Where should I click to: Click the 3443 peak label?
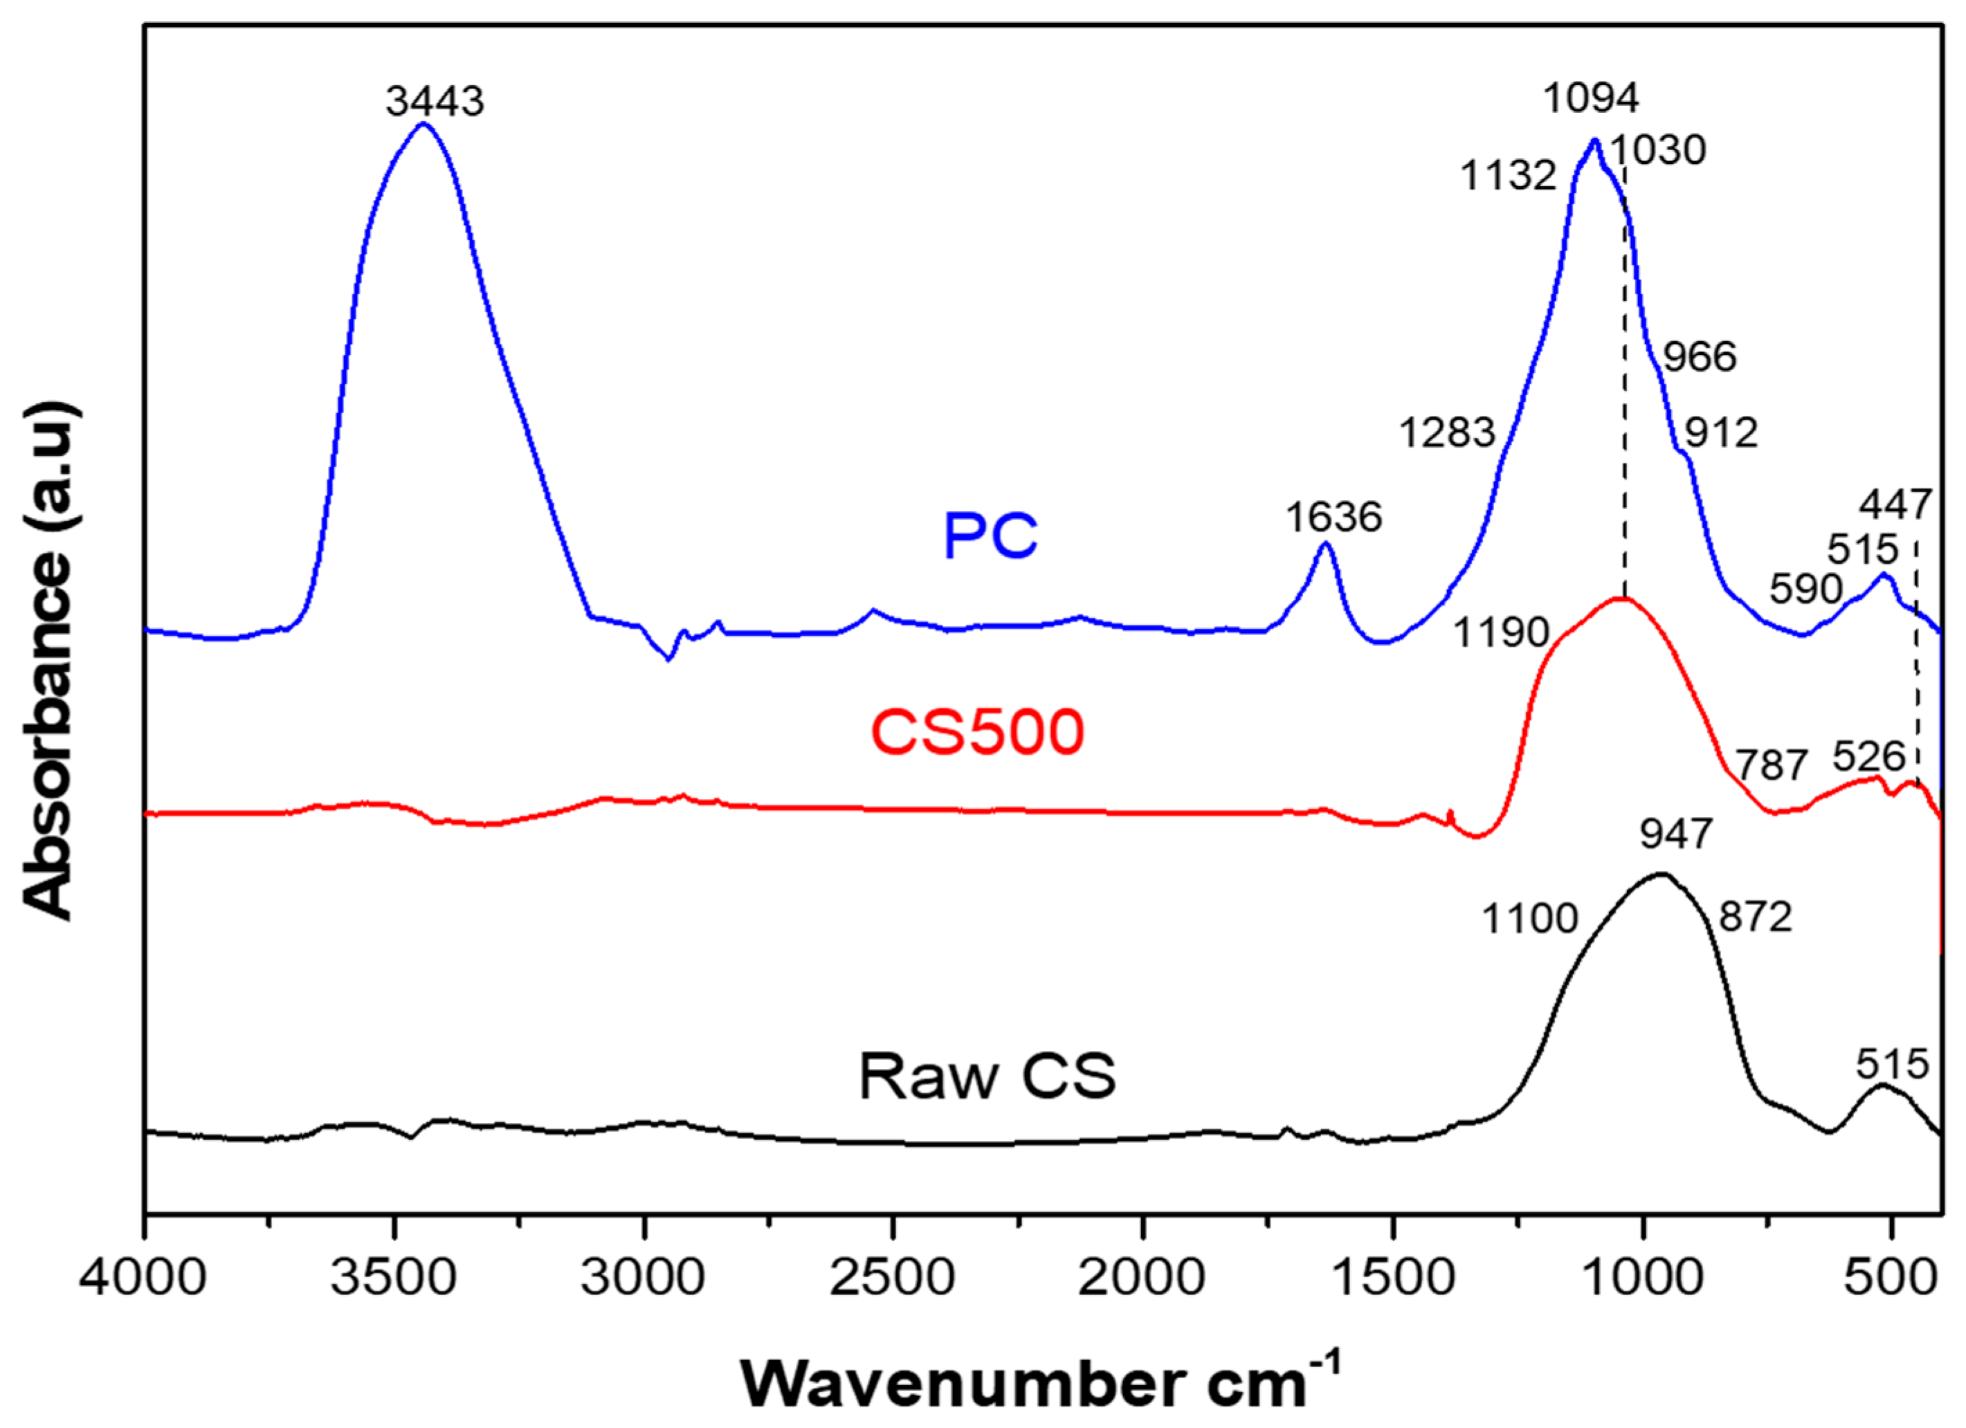click(435, 102)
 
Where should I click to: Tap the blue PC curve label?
click(990, 535)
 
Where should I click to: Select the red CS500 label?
click(977, 732)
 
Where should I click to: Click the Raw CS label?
click(987, 1077)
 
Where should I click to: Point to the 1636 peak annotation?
click(1334, 518)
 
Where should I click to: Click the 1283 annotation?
click(1448, 432)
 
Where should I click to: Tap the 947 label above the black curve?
click(1675, 834)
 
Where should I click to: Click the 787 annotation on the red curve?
click(1772, 765)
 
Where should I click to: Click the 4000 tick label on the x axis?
click(143, 1277)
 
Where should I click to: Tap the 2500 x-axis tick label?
click(892, 1277)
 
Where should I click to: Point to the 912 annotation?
click(1721, 432)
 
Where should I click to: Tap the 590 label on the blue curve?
click(1805, 589)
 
